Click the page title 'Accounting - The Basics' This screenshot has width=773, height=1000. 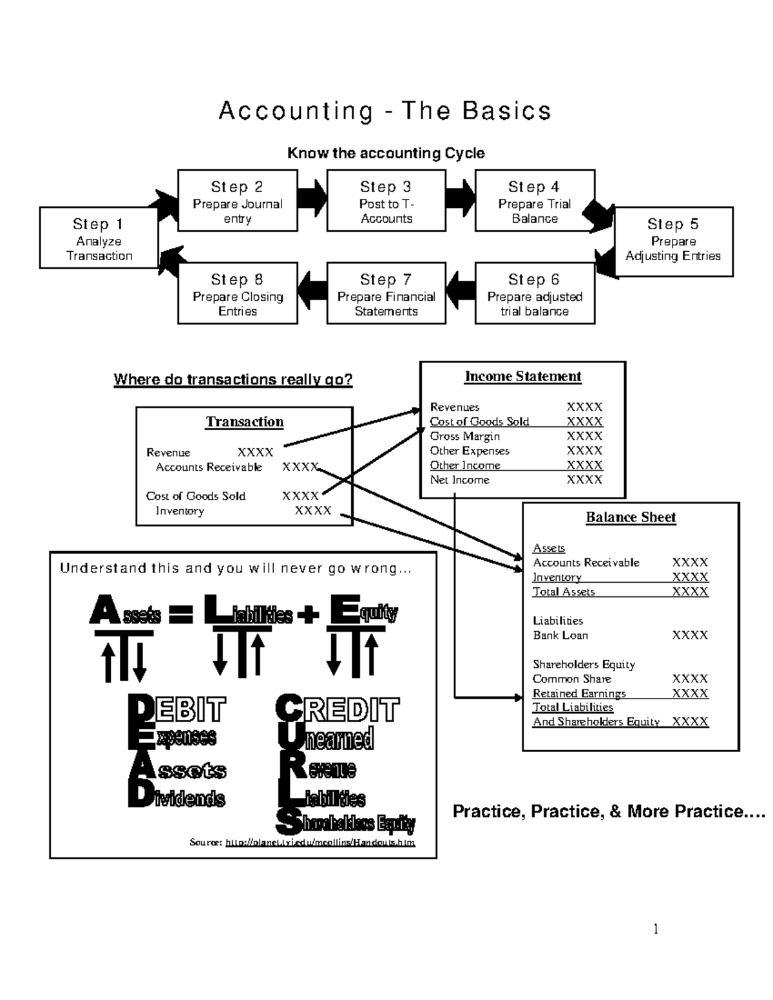tap(385, 111)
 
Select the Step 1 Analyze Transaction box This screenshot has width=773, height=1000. tap(99, 238)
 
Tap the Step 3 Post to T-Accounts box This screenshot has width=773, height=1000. tap(386, 200)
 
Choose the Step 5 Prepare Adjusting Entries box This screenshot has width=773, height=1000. tap(673, 241)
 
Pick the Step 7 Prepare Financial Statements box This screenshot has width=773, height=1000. tap(386, 293)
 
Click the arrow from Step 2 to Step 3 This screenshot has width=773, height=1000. tap(312, 198)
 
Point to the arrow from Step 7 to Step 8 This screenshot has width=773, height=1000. tap(312, 293)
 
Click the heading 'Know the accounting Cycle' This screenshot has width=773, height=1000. tap(385, 153)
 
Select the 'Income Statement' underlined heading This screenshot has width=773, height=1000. tap(522, 377)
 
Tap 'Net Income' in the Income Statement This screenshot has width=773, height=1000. tap(459, 480)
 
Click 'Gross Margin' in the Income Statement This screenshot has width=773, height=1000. tap(464, 437)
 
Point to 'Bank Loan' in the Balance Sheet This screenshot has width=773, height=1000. tap(560, 636)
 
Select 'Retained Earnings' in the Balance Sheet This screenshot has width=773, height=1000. tap(578, 693)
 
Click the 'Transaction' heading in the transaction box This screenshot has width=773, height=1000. tap(244, 422)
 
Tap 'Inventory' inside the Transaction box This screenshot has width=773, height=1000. tap(179, 511)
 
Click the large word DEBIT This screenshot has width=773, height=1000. tap(177, 710)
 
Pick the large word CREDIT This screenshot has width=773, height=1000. tap(338, 710)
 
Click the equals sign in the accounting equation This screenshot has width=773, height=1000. tap(181, 616)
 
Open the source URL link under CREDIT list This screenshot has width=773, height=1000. tap(320, 842)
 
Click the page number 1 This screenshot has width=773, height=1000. tap(656, 929)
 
